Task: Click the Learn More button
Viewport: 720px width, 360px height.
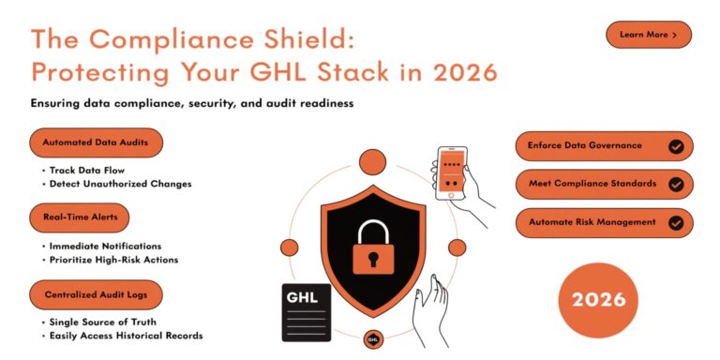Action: (x=649, y=35)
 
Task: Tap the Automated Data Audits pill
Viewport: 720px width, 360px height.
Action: (x=96, y=142)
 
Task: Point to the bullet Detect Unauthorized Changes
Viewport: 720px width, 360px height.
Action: (x=120, y=184)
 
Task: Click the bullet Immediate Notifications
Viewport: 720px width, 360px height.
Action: (x=105, y=246)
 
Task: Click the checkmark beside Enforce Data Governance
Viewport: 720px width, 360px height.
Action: (x=675, y=146)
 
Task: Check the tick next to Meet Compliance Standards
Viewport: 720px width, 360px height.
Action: (x=675, y=184)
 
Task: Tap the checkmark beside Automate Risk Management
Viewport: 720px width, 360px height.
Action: (x=675, y=222)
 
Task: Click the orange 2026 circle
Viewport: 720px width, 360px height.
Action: (x=598, y=300)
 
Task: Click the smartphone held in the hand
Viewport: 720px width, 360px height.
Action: (x=453, y=172)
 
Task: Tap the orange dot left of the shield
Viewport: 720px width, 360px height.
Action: (x=289, y=247)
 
